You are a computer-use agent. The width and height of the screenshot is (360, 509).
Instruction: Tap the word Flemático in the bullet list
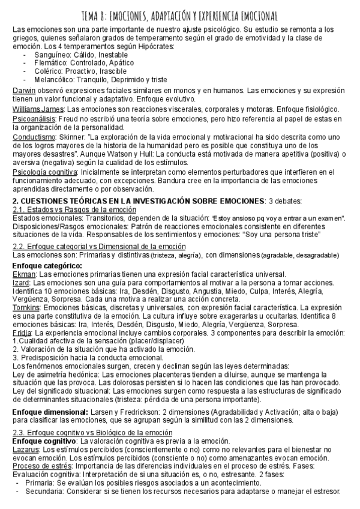pyautogui.click(x=51, y=63)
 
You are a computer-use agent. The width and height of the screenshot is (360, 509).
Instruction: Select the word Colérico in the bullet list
pyautogui.click(x=49, y=71)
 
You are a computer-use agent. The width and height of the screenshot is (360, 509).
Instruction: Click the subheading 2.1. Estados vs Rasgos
pyautogui.click(x=74, y=209)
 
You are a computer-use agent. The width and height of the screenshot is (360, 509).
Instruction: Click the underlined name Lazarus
pyautogui.click(x=27, y=449)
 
